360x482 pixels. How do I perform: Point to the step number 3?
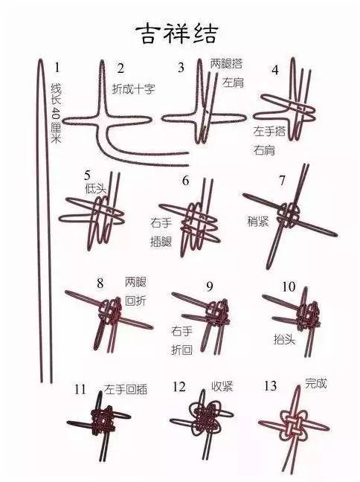point(181,68)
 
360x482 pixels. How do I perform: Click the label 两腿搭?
point(225,63)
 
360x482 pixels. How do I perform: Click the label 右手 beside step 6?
point(161,222)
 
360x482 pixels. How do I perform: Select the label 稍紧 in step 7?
point(258,221)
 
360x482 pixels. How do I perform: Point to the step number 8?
point(100,283)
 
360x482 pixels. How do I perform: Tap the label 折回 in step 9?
point(182,349)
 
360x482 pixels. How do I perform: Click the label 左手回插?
point(126,388)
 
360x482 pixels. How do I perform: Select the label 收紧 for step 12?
point(222,386)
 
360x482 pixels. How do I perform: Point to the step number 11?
point(80,389)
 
